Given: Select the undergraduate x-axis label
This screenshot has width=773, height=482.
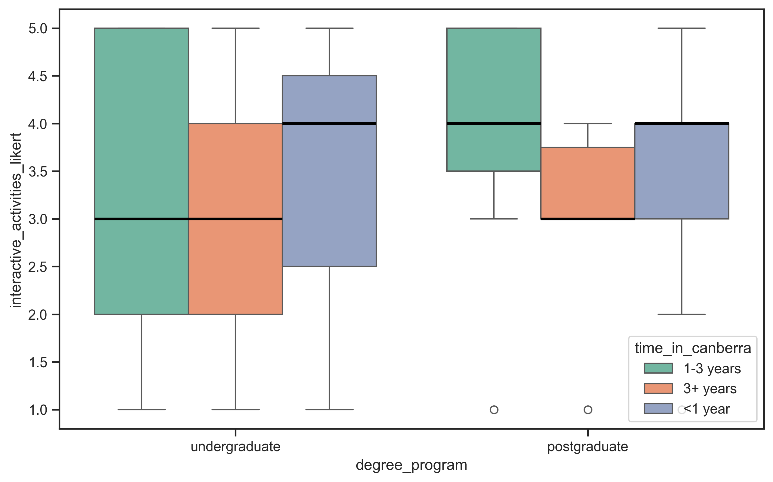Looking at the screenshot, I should click(x=235, y=447).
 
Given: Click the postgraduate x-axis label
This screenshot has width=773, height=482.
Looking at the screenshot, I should click(x=588, y=447).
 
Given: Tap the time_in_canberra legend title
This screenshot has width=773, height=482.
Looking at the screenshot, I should click(x=693, y=348).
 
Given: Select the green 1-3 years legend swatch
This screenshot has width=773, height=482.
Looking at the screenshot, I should click(x=658, y=368).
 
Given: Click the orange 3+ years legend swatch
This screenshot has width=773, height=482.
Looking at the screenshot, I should click(x=658, y=388).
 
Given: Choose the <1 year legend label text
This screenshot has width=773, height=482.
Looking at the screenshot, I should click(x=706, y=409).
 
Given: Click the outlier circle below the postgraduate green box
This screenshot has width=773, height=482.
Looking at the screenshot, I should click(x=494, y=410).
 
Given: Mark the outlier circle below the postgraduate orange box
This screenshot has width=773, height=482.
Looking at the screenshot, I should click(x=588, y=410).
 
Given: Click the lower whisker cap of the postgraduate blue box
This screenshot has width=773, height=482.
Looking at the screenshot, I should click(x=681, y=314).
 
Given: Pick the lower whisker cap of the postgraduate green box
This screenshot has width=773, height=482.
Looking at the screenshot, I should click(x=494, y=219).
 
